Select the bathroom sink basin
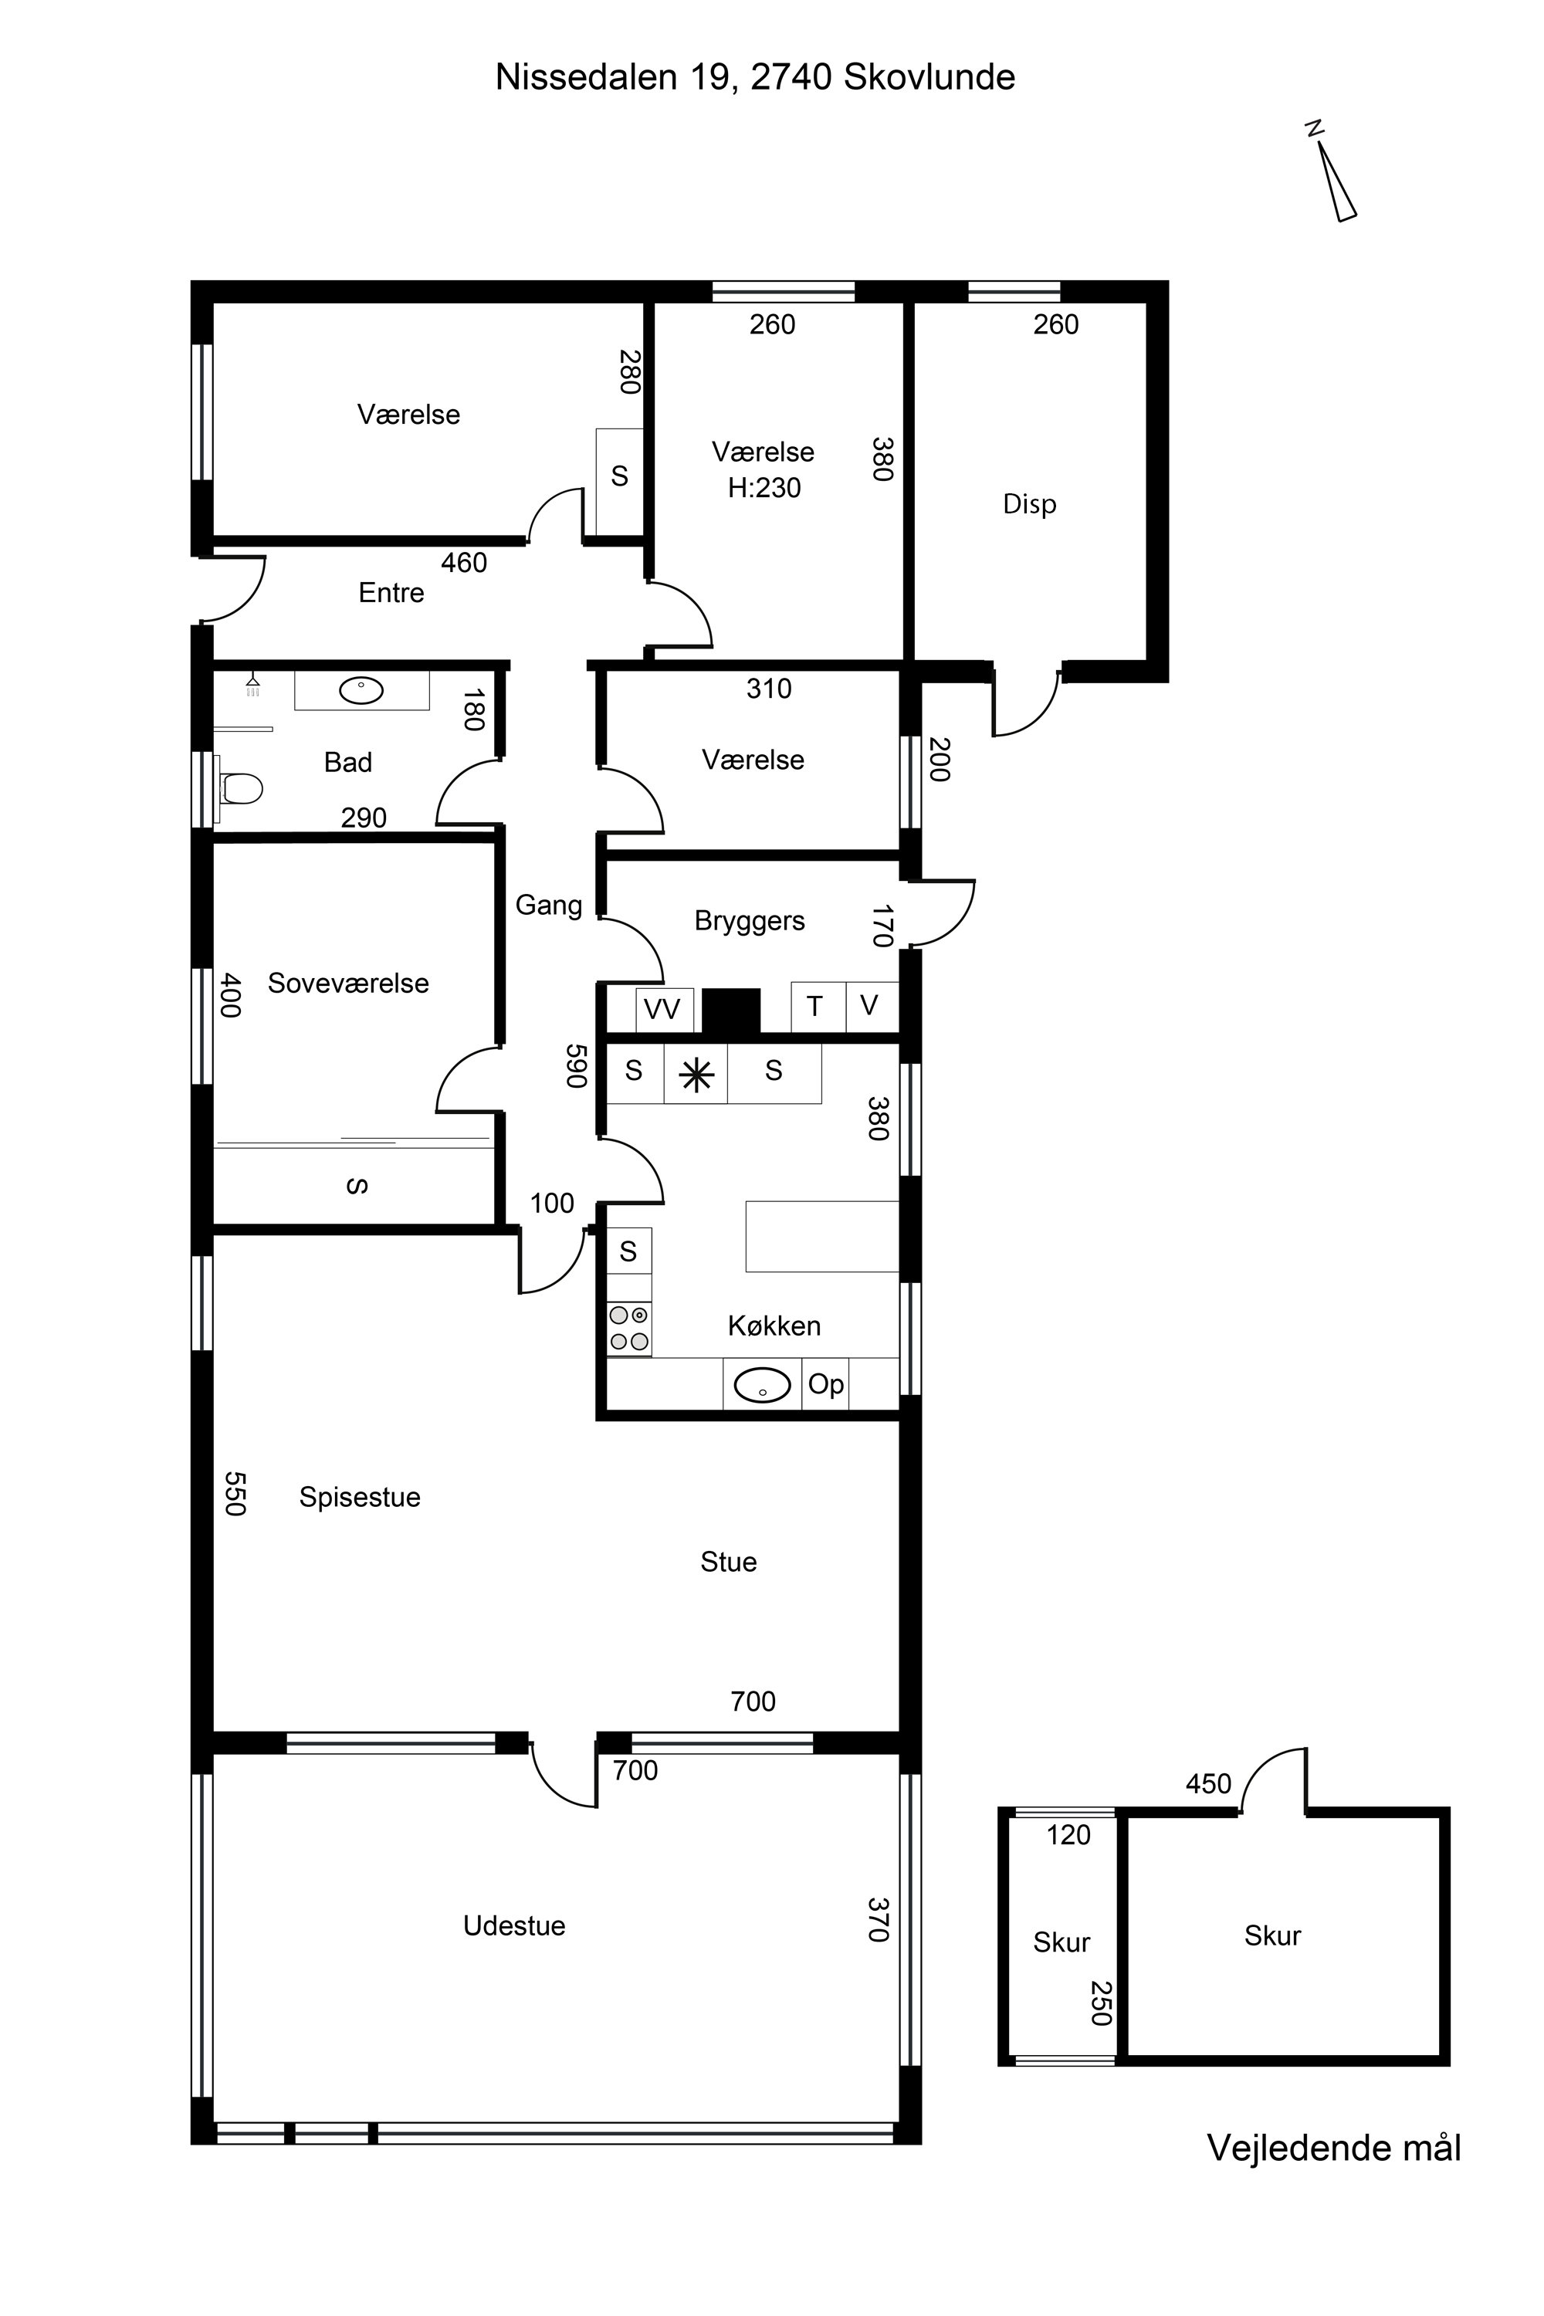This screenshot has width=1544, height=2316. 361,690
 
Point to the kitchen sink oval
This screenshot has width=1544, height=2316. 762,1384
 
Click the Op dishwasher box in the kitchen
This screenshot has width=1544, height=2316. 825,1384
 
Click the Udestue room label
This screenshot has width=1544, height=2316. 514,1926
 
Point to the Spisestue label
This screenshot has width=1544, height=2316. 360,1498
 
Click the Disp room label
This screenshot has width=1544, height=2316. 1029,504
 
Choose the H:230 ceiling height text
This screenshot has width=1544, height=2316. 764,487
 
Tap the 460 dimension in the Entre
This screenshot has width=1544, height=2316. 464,562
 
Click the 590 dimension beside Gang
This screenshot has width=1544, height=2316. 576,1066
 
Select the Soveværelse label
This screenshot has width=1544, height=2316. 349,983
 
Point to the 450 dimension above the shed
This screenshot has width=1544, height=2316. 1208,1783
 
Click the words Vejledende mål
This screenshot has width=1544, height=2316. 1334,2148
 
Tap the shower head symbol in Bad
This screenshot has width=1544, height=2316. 253,684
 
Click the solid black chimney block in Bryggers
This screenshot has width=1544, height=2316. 730,1011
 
